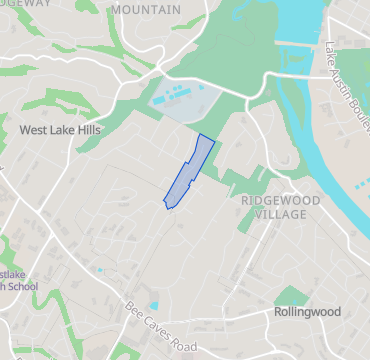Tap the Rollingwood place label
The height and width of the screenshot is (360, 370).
(x=306, y=312)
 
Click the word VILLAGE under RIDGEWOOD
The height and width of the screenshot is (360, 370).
(x=280, y=215)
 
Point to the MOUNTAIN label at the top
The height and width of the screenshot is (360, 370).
(x=147, y=9)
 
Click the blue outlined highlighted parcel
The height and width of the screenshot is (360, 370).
(x=191, y=170)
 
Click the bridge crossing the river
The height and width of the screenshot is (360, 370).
(x=299, y=46)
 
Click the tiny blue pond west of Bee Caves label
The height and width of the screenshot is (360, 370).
(x=99, y=269)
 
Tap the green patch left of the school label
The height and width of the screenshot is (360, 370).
(x=4, y=250)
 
